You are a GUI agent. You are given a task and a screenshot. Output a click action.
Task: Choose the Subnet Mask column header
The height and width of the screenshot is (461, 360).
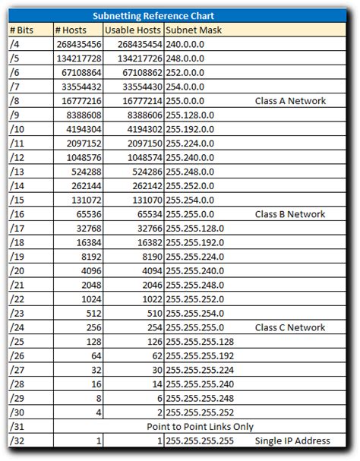(192, 30)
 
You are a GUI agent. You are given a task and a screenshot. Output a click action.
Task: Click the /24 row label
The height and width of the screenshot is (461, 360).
(17, 327)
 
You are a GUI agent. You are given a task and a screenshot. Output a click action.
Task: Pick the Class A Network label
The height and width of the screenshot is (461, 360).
(290, 100)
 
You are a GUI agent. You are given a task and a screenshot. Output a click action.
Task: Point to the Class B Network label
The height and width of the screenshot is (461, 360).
(290, 214)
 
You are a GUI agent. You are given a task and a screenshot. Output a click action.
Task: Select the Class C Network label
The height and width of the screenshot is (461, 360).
(290, 327)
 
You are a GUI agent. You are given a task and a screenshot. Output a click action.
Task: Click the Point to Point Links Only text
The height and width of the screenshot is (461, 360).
(206, 427)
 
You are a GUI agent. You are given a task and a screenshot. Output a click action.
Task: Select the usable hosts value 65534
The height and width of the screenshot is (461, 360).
(146, 214)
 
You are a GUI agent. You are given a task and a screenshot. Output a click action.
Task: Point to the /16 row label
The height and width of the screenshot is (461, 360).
(17, 214)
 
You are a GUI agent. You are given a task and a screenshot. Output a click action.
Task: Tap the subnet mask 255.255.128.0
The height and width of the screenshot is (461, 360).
(196, 228)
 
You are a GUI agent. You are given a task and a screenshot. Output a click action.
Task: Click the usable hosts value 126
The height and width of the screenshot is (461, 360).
(153, 342)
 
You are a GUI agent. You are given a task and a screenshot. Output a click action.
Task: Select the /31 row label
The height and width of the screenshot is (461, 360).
(17, 427)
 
